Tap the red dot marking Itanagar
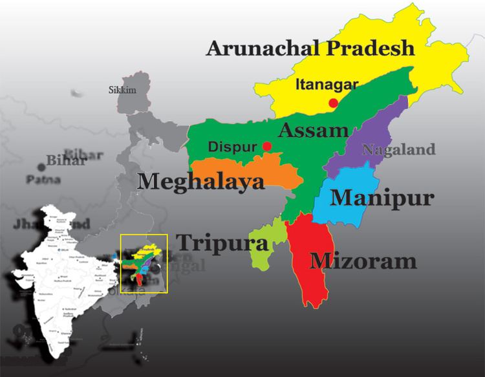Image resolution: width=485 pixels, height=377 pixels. [333, 103]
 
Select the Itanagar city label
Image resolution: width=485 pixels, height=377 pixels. [327, 84]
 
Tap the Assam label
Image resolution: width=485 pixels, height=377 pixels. [314, 131]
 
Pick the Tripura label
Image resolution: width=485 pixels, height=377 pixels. [222, 242]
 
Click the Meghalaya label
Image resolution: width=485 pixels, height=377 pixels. [202, 182]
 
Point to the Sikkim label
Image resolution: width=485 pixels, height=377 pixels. [122, 90]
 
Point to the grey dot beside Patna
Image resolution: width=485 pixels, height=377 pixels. [42, 166]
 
